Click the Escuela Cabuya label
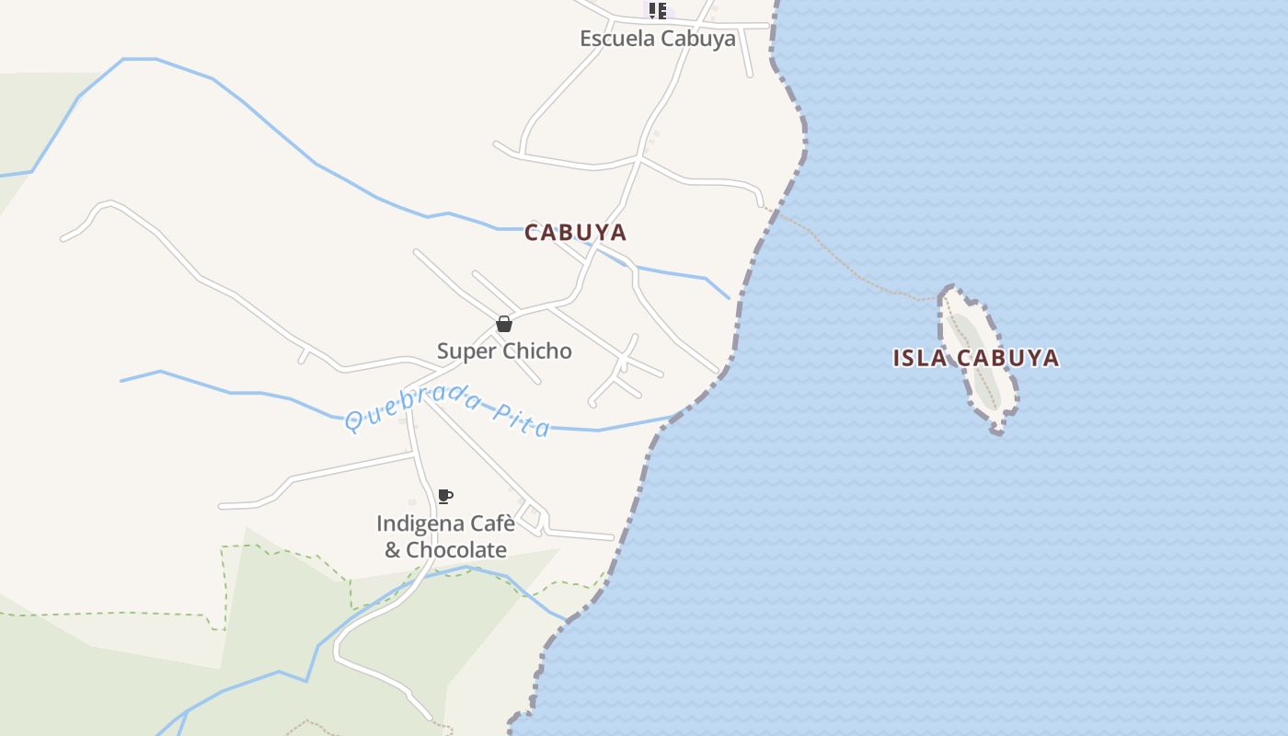(x=657, y=39)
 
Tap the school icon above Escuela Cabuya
(x=657, y=11)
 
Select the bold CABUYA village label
(x=575, y=233)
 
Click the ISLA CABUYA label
(x=975, y=358)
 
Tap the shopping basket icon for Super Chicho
(x=504, y=324)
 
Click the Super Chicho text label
(x=504, y=351)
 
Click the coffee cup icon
(x=445, y=497)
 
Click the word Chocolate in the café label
(x=456, y=549)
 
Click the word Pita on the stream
(x=522, y=420)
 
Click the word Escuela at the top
(x=615, y=39)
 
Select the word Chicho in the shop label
(x=539, y=351)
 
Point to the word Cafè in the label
(x=492, y=523)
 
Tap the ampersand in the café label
(x=393, y=550)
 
